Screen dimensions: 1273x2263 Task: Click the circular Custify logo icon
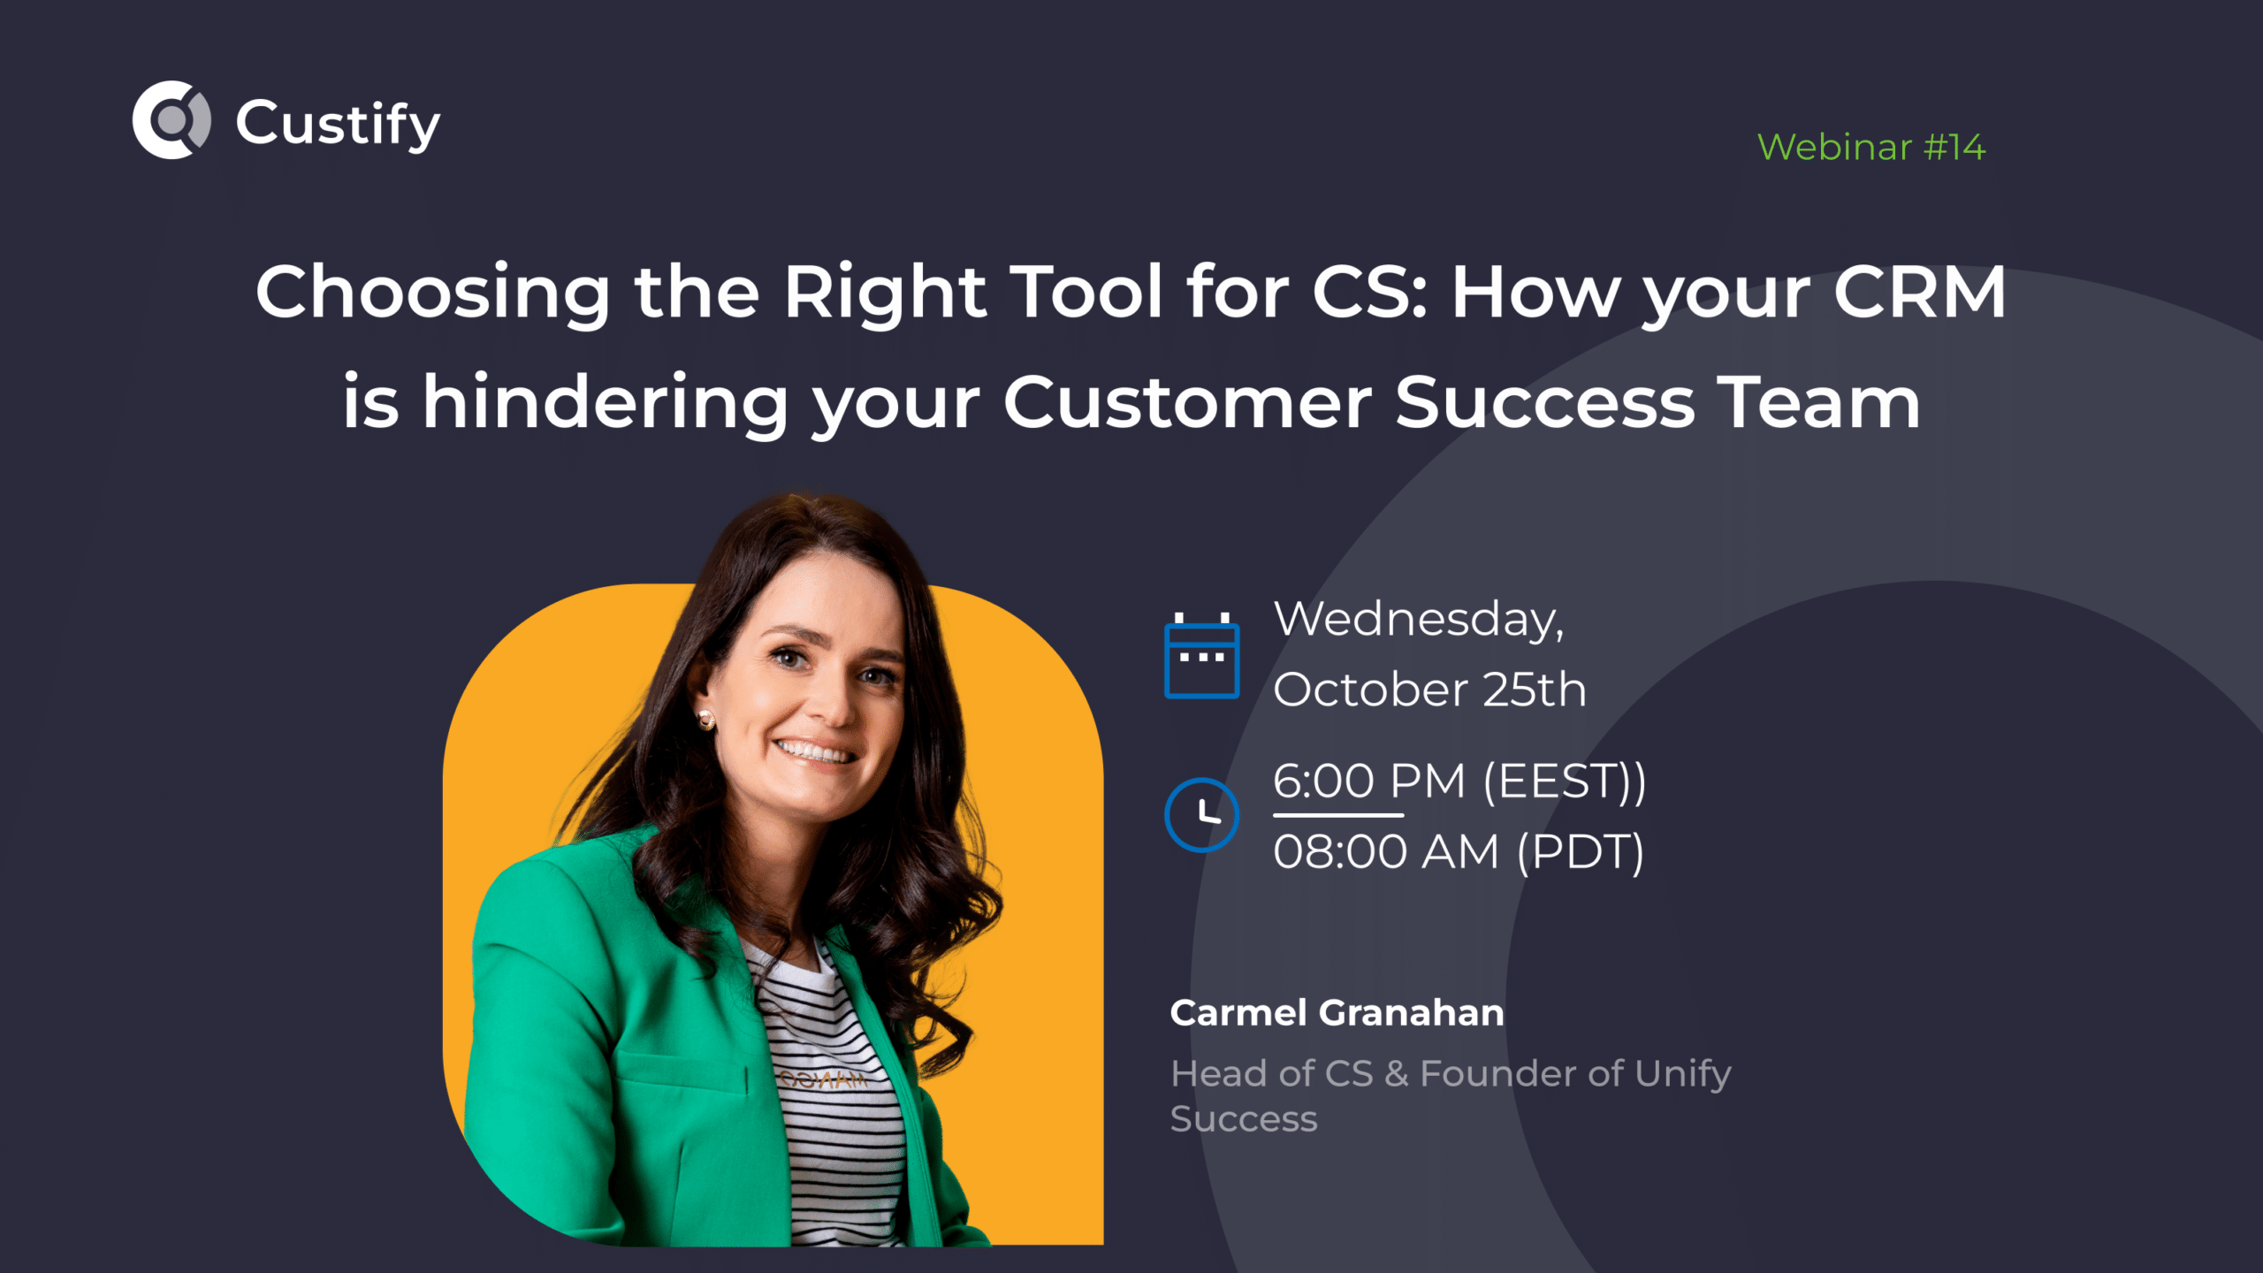pos(171,120)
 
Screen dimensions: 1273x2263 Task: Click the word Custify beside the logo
pos(338,124)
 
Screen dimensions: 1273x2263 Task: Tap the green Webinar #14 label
pos(1871,147)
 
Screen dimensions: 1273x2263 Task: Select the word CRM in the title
pos(1919,292)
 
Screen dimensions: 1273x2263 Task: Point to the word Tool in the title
pos(1086,292)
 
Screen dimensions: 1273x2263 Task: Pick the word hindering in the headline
pos(606,402)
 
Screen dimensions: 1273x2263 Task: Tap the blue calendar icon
pos(1201,656)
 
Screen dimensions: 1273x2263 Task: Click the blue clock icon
pos(1201,814)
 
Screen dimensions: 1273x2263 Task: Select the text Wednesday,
pos(1418,619)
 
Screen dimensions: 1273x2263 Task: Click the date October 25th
pos(1429,690)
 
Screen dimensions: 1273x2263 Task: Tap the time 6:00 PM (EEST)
pos(1459,781)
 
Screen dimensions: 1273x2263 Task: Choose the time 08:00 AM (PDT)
pos(1459,852)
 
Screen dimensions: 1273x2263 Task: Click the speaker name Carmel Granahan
pos(1337,1013)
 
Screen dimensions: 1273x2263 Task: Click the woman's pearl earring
pos(705,720)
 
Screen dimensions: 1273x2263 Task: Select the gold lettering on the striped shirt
pos(822,1079)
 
